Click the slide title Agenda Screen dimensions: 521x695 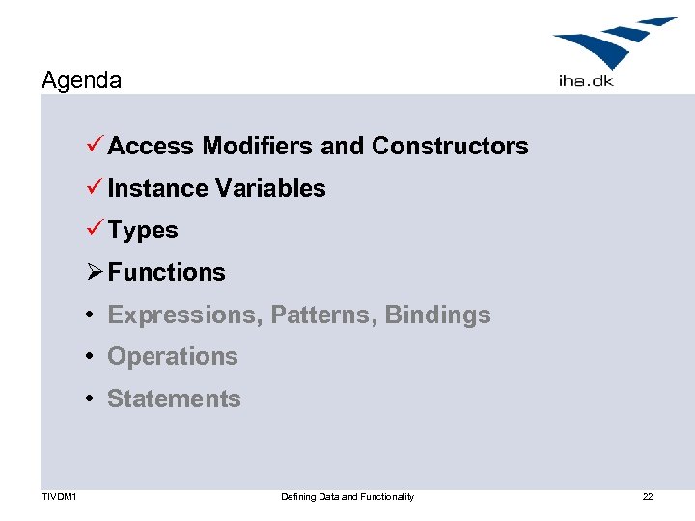(82, 80)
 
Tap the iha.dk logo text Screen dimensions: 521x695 (585, 81)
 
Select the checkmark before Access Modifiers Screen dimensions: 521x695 (94, 146)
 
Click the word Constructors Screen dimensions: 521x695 (450, 146)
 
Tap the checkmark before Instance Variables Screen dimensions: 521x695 (94, 188)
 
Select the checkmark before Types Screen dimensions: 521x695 (94, 231)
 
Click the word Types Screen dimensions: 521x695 (143, 231)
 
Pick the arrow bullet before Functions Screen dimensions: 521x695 (94, 272)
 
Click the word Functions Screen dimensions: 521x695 (166, 273)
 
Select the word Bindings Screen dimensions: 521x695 (437, 315)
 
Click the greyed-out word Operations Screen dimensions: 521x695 (172, 357)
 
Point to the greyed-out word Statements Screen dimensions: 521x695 (174, 398)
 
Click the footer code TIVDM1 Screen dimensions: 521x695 (59, 497)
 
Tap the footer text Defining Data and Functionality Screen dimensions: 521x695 (347, 497)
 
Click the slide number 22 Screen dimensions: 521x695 (648, 497)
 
